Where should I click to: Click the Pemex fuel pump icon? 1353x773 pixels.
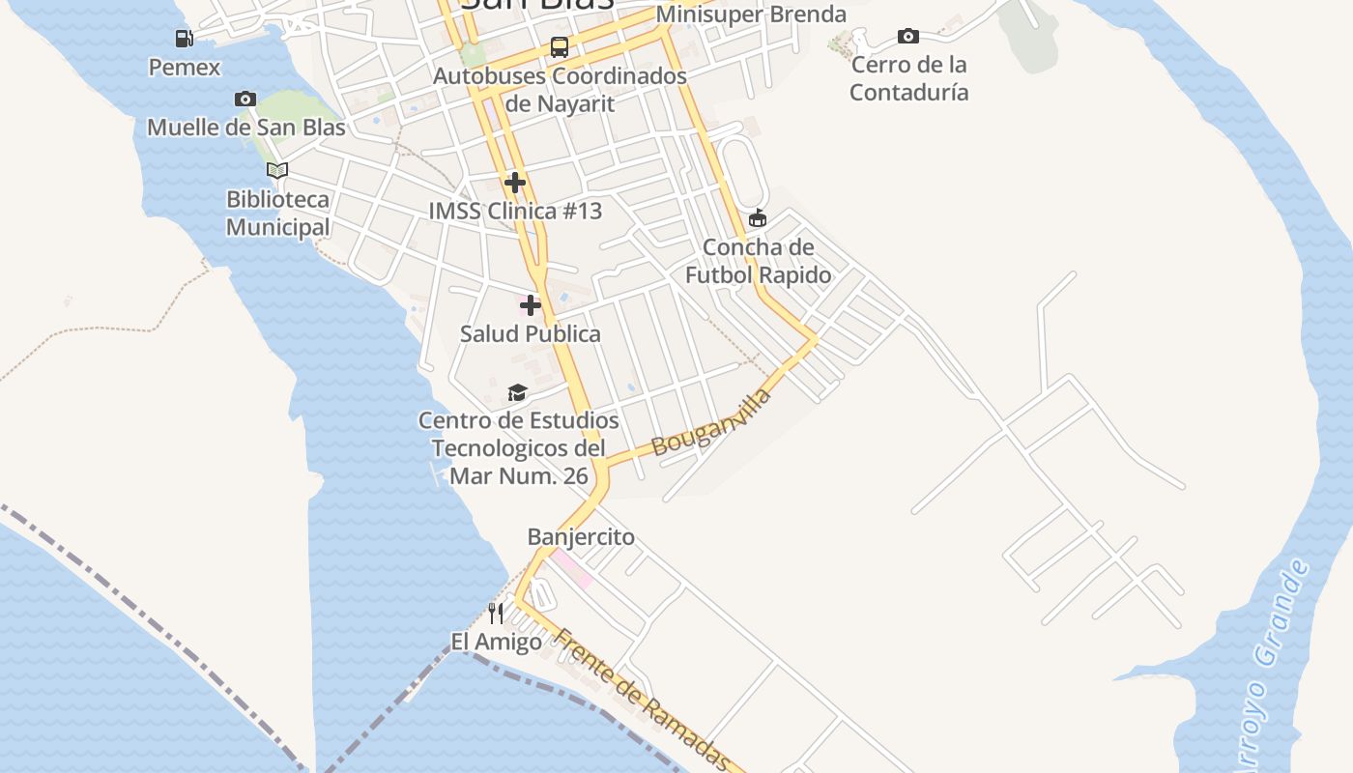click(x=184, y=39)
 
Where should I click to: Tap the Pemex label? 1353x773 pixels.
click(x=184, y=68)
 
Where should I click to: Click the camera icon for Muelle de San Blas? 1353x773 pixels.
click(x=245, y=99)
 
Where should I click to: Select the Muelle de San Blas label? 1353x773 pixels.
click(x=245, y=127)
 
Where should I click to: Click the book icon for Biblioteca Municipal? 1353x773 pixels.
click(x=277, y=171)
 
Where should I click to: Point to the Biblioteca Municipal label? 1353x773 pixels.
click(x=277, y=214)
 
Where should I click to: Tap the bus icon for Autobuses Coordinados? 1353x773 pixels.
click(x=560, y=46)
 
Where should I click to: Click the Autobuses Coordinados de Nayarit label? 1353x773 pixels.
click(x=560, y=89)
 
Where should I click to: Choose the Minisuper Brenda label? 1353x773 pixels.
click(x=751, y=14)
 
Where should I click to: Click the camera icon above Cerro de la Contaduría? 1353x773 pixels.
click(x=908, y=37)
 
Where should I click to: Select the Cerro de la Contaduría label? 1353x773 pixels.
click(x=908, y=78)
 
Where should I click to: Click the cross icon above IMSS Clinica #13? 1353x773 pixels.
click(x=515, y=182)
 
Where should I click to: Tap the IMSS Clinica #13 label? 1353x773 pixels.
click(x=515, y=211)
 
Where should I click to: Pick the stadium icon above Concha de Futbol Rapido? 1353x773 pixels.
click(x=758, y=218)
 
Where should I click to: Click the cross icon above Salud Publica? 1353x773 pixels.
click(x=531, y=305)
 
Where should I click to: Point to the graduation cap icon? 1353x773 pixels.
click(x=518, y=392)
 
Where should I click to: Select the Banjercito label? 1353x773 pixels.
click(x=581, y=536)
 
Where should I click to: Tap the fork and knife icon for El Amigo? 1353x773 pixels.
click(x=496, y=613)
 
